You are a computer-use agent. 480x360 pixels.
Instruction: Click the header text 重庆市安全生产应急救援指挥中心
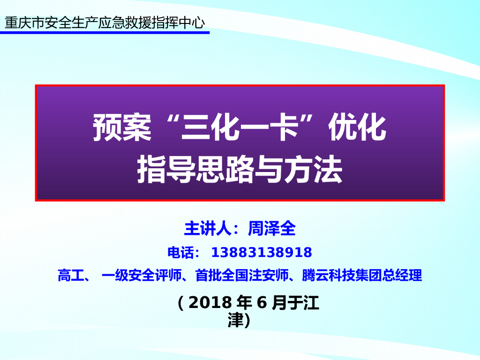point(105,22)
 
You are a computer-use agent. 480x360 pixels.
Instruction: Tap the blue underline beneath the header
point(105,33)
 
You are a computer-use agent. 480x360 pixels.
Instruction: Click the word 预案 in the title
point(122,128)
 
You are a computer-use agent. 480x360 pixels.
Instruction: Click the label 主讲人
point(206,228)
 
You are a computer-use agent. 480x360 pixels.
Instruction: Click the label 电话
point(180,253)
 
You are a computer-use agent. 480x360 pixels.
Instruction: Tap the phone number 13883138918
point(262,253)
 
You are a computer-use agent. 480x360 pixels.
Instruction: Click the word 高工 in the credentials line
point(70,276)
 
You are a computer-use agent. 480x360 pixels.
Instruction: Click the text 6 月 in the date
point(271,303)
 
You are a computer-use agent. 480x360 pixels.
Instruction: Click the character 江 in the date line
point(311,303)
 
